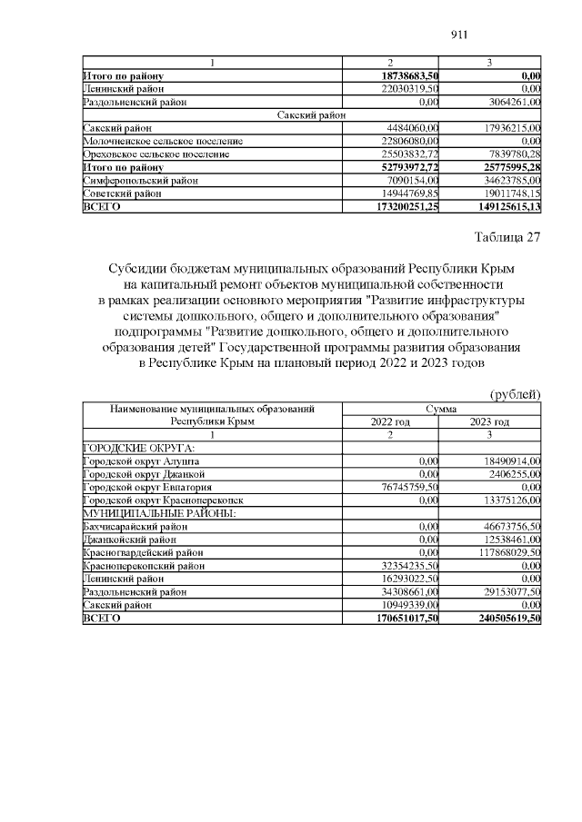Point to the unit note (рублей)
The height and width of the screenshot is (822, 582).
pyautogui.click(x=516, y=394)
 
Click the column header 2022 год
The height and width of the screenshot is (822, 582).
pyautogui.click(x=390, y=422)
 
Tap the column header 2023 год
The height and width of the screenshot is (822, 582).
pyautogui.click(x=489, y=422)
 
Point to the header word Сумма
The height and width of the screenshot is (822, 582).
pyautogui.click(x=440, y=410)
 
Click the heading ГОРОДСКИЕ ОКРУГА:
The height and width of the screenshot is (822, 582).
pyautogui.click(x=125, y=449)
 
